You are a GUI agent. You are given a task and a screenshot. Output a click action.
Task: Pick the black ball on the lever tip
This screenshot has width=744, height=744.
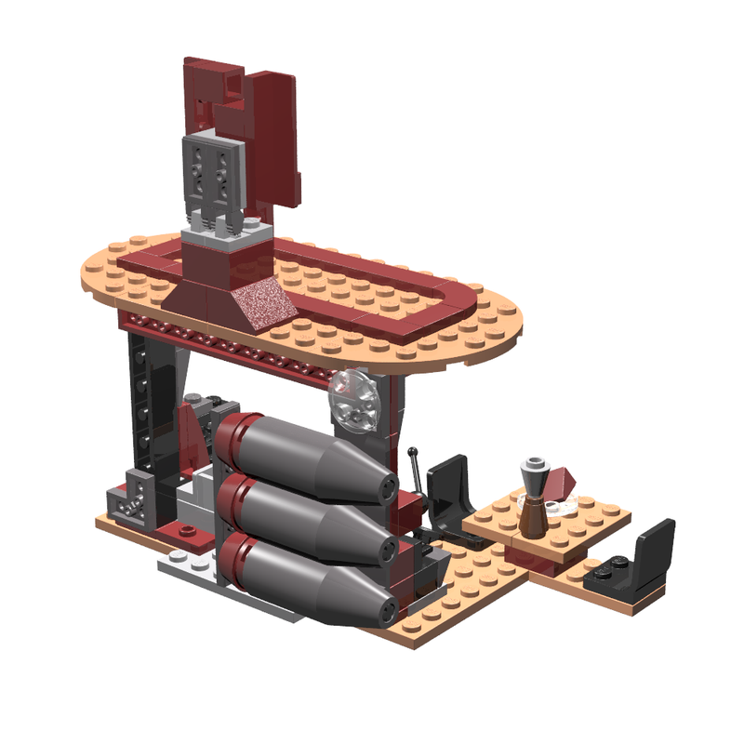(x=413, y=453)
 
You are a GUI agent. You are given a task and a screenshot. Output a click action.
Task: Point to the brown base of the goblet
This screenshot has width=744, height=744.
(x=531, y=518)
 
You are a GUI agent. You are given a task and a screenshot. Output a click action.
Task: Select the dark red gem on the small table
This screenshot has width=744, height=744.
(x=560, y=484)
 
